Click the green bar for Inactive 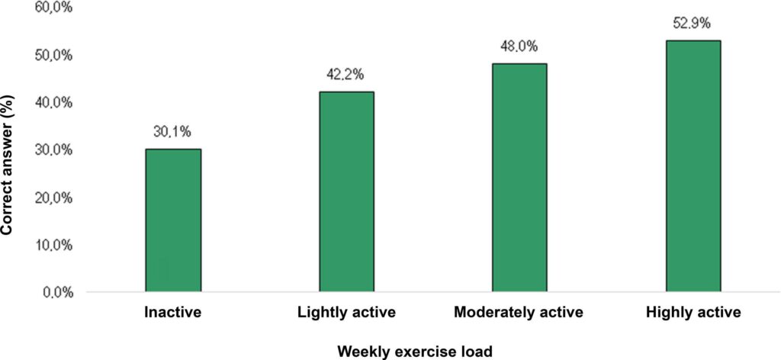pyautogui.click(x=173, y=220)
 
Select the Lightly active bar pyautogui.click(x=347, y=191)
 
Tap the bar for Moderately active pyautogui.click(x=519, y=178)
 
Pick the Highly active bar pyautogui.click(x=693, y=166)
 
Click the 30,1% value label pyautogui.click(x=173, y=132)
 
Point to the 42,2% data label pyautogui.click(x=346, y=76)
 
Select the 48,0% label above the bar pyautogui.click(x=519, y=47)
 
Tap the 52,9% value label pyautogui.click(x=693, y=24)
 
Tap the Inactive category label pyautogui.click(x=173, y=313)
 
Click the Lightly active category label pyautogui.click(x=347, y=313)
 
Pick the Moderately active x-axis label pyautogui.click(x=519, y=313)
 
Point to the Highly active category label pyautogui.click(x=693, y=313)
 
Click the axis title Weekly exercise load pyautogui.click(x=415, y=352)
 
